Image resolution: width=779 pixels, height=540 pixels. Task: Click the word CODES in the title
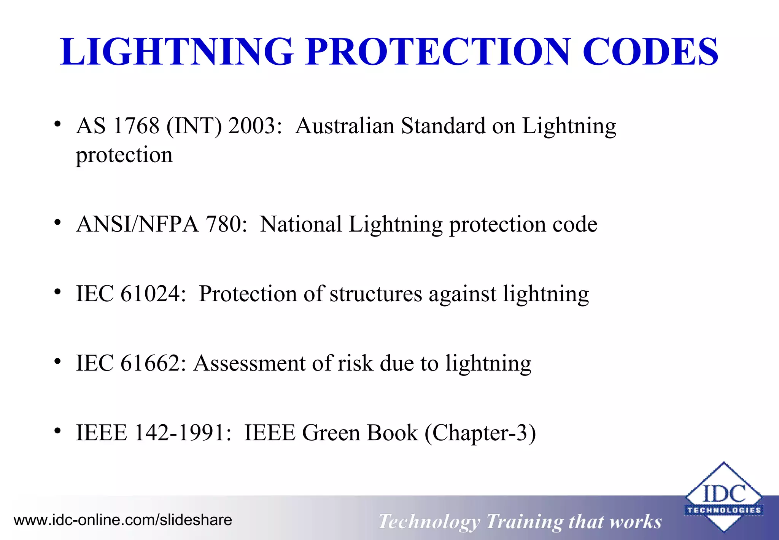650,52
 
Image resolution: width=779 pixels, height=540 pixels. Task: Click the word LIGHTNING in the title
177,52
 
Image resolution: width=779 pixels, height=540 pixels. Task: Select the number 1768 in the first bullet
136,126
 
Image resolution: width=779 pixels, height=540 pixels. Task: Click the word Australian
345,126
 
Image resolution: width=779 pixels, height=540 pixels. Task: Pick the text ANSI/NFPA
137,224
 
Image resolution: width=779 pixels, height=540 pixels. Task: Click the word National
301,224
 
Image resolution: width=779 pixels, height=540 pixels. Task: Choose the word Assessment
250,363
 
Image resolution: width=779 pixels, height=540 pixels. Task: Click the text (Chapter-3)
480,433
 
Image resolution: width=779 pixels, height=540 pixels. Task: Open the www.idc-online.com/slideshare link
123,520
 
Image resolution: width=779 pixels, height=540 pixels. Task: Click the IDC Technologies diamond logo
723,497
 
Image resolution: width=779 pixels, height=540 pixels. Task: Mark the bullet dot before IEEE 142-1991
57,431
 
